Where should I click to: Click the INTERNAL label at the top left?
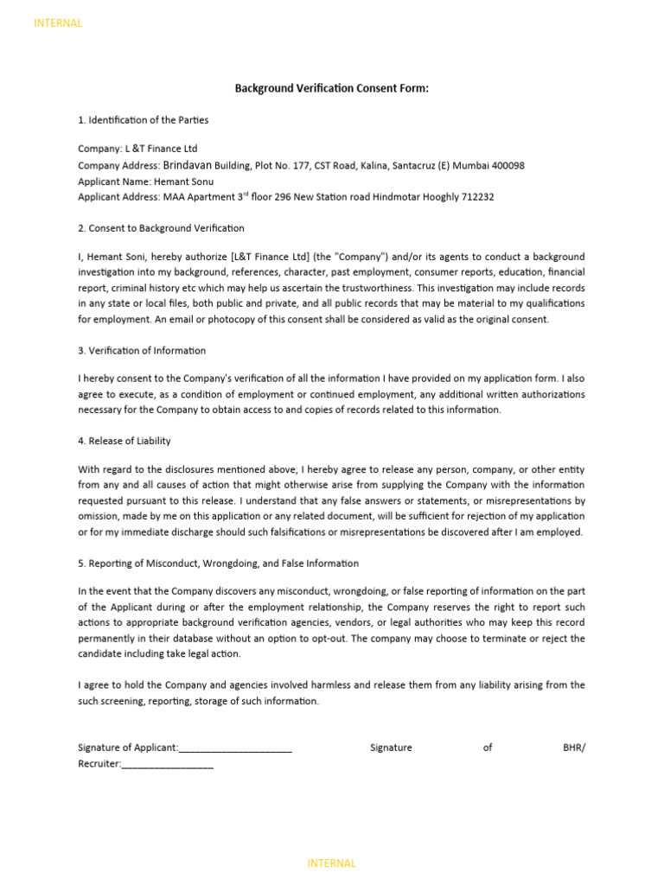[x=58, y=23]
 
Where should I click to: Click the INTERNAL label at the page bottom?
[x=331, y=863]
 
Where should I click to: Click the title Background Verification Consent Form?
[x=332, y=88]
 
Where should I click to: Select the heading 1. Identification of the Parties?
[x=143, y=120]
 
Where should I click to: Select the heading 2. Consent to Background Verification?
[x=161, y=228]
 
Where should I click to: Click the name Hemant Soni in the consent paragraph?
[x=116, y=258]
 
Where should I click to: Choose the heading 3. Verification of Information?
[x=142, y=350]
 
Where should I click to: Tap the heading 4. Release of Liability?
[x=124, y=441]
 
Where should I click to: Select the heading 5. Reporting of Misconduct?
[x=218, y=563]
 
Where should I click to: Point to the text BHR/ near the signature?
[x=573, y=748]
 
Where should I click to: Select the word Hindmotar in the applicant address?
[x=401, y=197]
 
